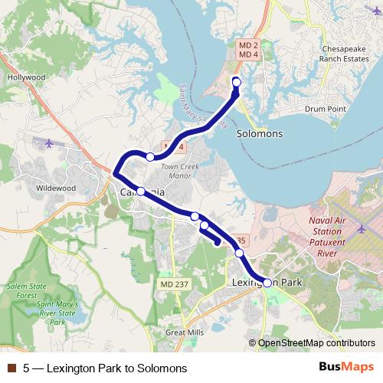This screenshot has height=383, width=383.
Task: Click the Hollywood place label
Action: [x=26, y=77]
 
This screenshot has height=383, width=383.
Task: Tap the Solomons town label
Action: [x=259, y=133]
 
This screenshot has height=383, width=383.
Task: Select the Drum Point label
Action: [x=326, y=110]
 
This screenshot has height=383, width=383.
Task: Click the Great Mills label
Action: [x=186, y=332]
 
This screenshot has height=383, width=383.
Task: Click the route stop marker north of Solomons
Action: [x=236, y=82]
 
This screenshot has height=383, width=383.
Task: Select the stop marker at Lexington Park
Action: [x=267, y=283]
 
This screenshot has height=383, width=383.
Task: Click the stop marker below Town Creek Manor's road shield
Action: [x=150, y=157]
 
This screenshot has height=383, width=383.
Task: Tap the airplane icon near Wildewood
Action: [x=51, y=142]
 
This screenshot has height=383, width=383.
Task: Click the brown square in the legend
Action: [x=11, y=368]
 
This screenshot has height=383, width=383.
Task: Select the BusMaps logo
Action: [x=346, y=368]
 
